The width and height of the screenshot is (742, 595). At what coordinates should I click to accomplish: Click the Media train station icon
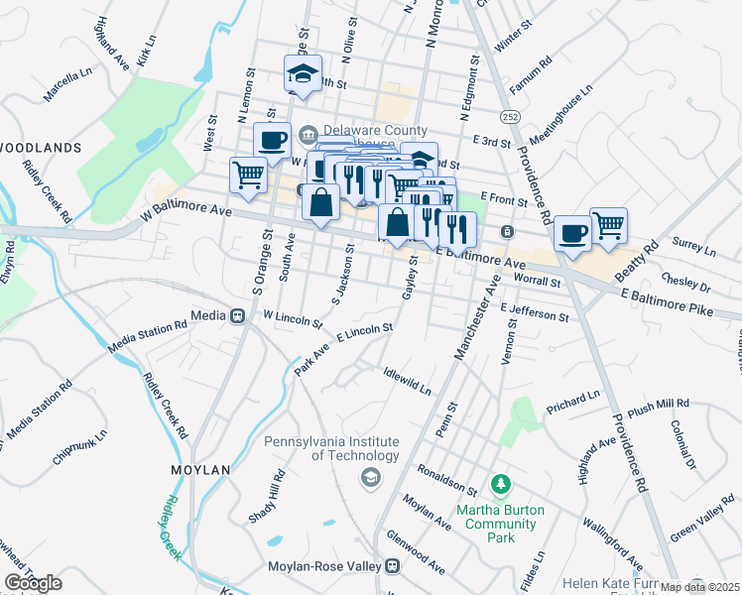tap(237, 316)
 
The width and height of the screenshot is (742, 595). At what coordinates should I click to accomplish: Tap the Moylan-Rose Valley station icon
tap(393, 566)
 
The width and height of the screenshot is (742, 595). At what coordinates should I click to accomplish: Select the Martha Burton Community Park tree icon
tap(501, 486)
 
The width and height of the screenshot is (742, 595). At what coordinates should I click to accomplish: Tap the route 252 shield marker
tap(510, 117)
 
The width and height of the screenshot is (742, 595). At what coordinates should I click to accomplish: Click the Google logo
tap(34, 583)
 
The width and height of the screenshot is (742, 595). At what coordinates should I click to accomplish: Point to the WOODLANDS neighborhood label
tap(40, 147)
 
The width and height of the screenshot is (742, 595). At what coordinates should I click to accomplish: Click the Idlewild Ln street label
tap(407, 382)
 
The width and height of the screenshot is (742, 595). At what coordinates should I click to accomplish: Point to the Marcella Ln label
tap(66, 86)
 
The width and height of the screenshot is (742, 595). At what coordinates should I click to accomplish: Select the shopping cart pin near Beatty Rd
tap(608, 224)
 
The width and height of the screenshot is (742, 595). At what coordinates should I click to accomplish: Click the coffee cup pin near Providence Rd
tap(571, 234)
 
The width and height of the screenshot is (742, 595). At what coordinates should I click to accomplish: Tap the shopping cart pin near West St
tap(249, 176)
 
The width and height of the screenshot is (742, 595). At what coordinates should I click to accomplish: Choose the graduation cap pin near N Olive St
tap(303, 72)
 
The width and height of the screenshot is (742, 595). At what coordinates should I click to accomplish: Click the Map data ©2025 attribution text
tap(700, 587)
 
